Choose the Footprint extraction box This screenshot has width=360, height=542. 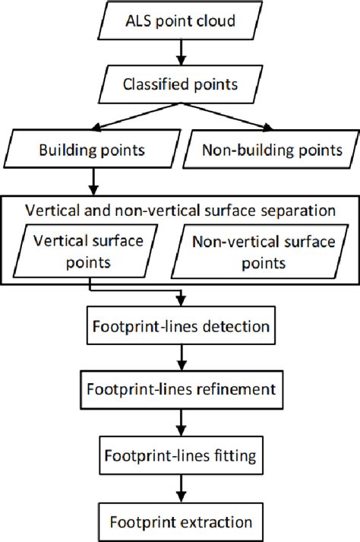[180, 522]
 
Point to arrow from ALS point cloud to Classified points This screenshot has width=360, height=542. [180, 51]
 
